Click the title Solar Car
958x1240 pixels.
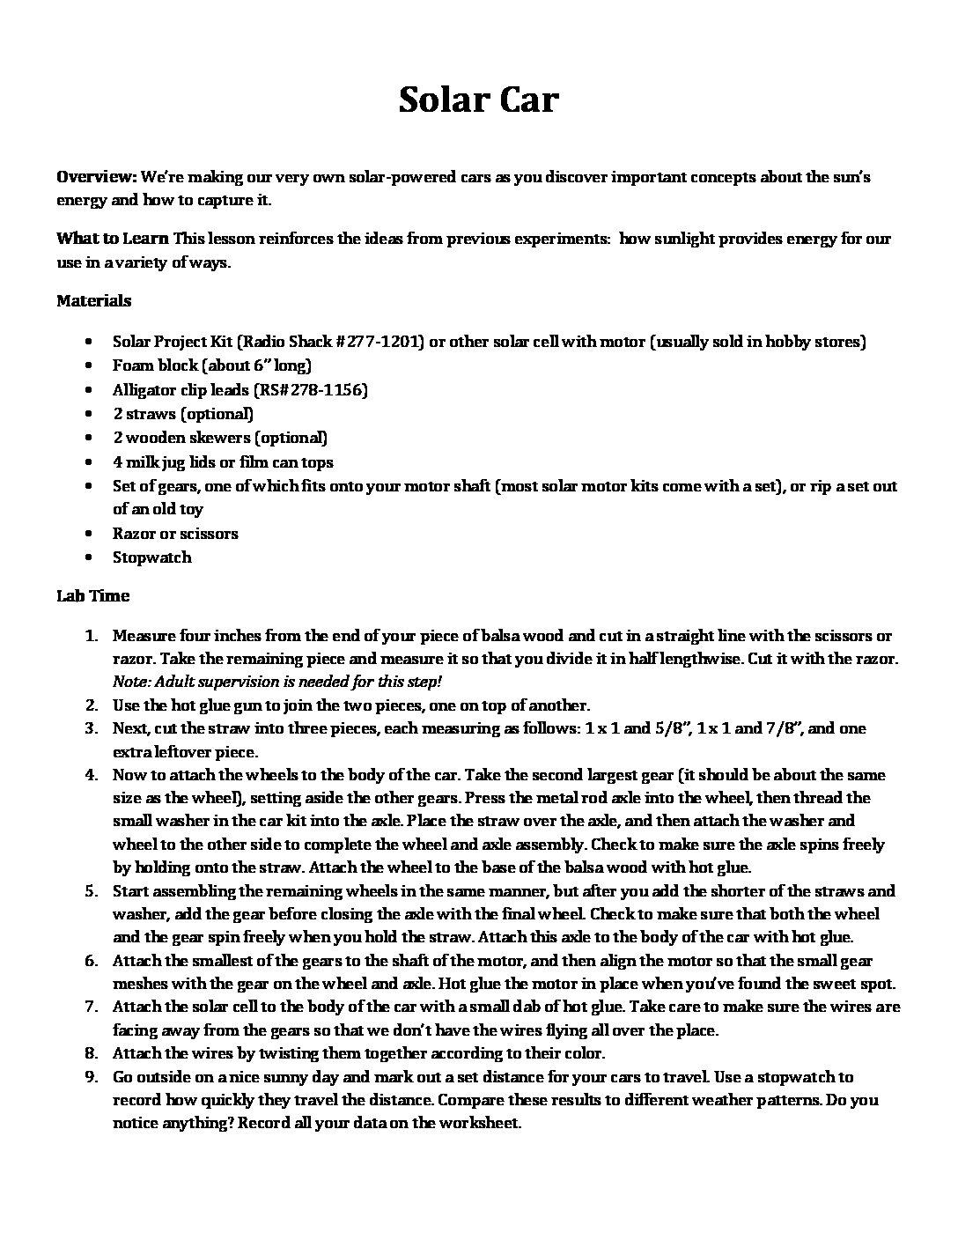pyautogui.click(x=478, y=100)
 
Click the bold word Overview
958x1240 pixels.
pyautogui.click(x=96, y=177)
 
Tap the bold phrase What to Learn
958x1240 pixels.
pyautogui.click(x=113, y=239)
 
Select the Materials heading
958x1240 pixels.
pyautogui.click(x=93, y=300)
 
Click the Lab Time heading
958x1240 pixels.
pyautogui.click(x=92, y=595)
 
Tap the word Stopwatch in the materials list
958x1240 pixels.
pyautogui.click(x=151, y=557)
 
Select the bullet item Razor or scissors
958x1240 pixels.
pyautogui.click(x=175, y=533)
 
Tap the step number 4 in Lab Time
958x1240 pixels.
pyautogui.click(x=91, y=775)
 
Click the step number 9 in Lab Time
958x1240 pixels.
pyautogui.click(x=91, y=1076)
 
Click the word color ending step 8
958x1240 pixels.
pyautogui.click(x=583, y=1052)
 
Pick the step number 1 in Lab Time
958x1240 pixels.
pyautogui.click(x=91, y=635)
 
